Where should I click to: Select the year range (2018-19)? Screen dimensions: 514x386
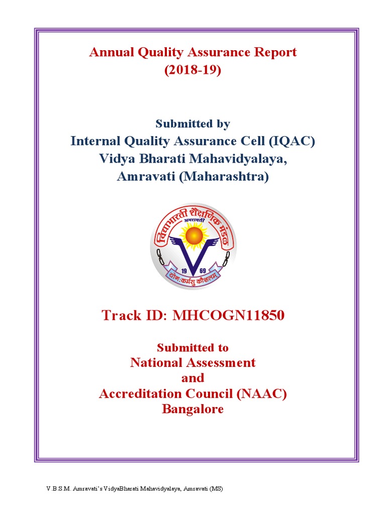click(x=193, y=70)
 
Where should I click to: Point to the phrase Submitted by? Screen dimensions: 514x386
click(x=193, y=123)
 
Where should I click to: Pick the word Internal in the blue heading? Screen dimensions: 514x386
click(x=95, y=141)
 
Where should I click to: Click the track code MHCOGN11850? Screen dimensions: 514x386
click(x=229, y=315)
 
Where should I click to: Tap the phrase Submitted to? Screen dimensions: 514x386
click(x=193, y=347)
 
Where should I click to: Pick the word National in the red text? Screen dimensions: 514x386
click(x=158, y=362)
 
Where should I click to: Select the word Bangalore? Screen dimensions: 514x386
click(x=193, y=409)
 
